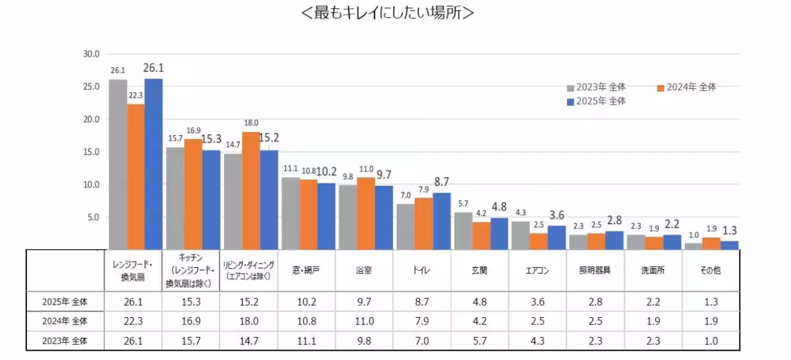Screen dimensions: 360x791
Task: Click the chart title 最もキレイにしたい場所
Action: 386,13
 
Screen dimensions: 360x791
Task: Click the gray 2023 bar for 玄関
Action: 463,231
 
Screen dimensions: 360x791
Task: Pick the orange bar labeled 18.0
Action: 250,191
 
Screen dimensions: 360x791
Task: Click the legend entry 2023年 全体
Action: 597,87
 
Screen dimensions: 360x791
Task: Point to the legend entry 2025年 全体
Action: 597,102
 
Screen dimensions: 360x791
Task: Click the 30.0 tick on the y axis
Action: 91,54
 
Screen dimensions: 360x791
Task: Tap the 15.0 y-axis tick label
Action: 91,152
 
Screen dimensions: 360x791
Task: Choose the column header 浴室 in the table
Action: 365,271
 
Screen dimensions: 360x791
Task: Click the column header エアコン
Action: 537,271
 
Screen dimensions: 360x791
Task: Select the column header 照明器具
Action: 595,271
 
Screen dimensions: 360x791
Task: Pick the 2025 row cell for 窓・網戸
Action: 307,302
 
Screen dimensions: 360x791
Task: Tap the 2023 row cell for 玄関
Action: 479,341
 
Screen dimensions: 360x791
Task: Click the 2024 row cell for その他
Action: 710,321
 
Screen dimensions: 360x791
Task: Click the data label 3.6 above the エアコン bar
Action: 556,215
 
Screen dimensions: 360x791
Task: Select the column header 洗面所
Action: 653,271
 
